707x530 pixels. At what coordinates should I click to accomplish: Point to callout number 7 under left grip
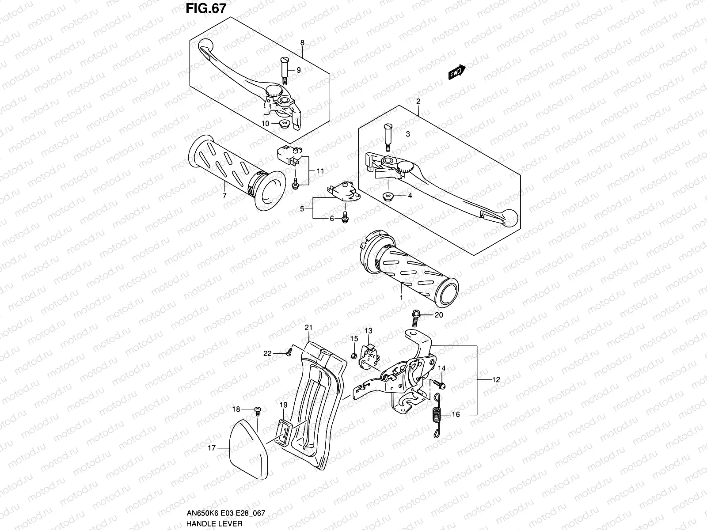224,196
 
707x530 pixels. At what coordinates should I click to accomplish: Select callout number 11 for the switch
320,170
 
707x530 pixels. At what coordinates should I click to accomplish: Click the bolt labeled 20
416,315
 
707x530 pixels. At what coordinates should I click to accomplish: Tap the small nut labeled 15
354,356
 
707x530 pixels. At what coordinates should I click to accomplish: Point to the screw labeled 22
289,351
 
